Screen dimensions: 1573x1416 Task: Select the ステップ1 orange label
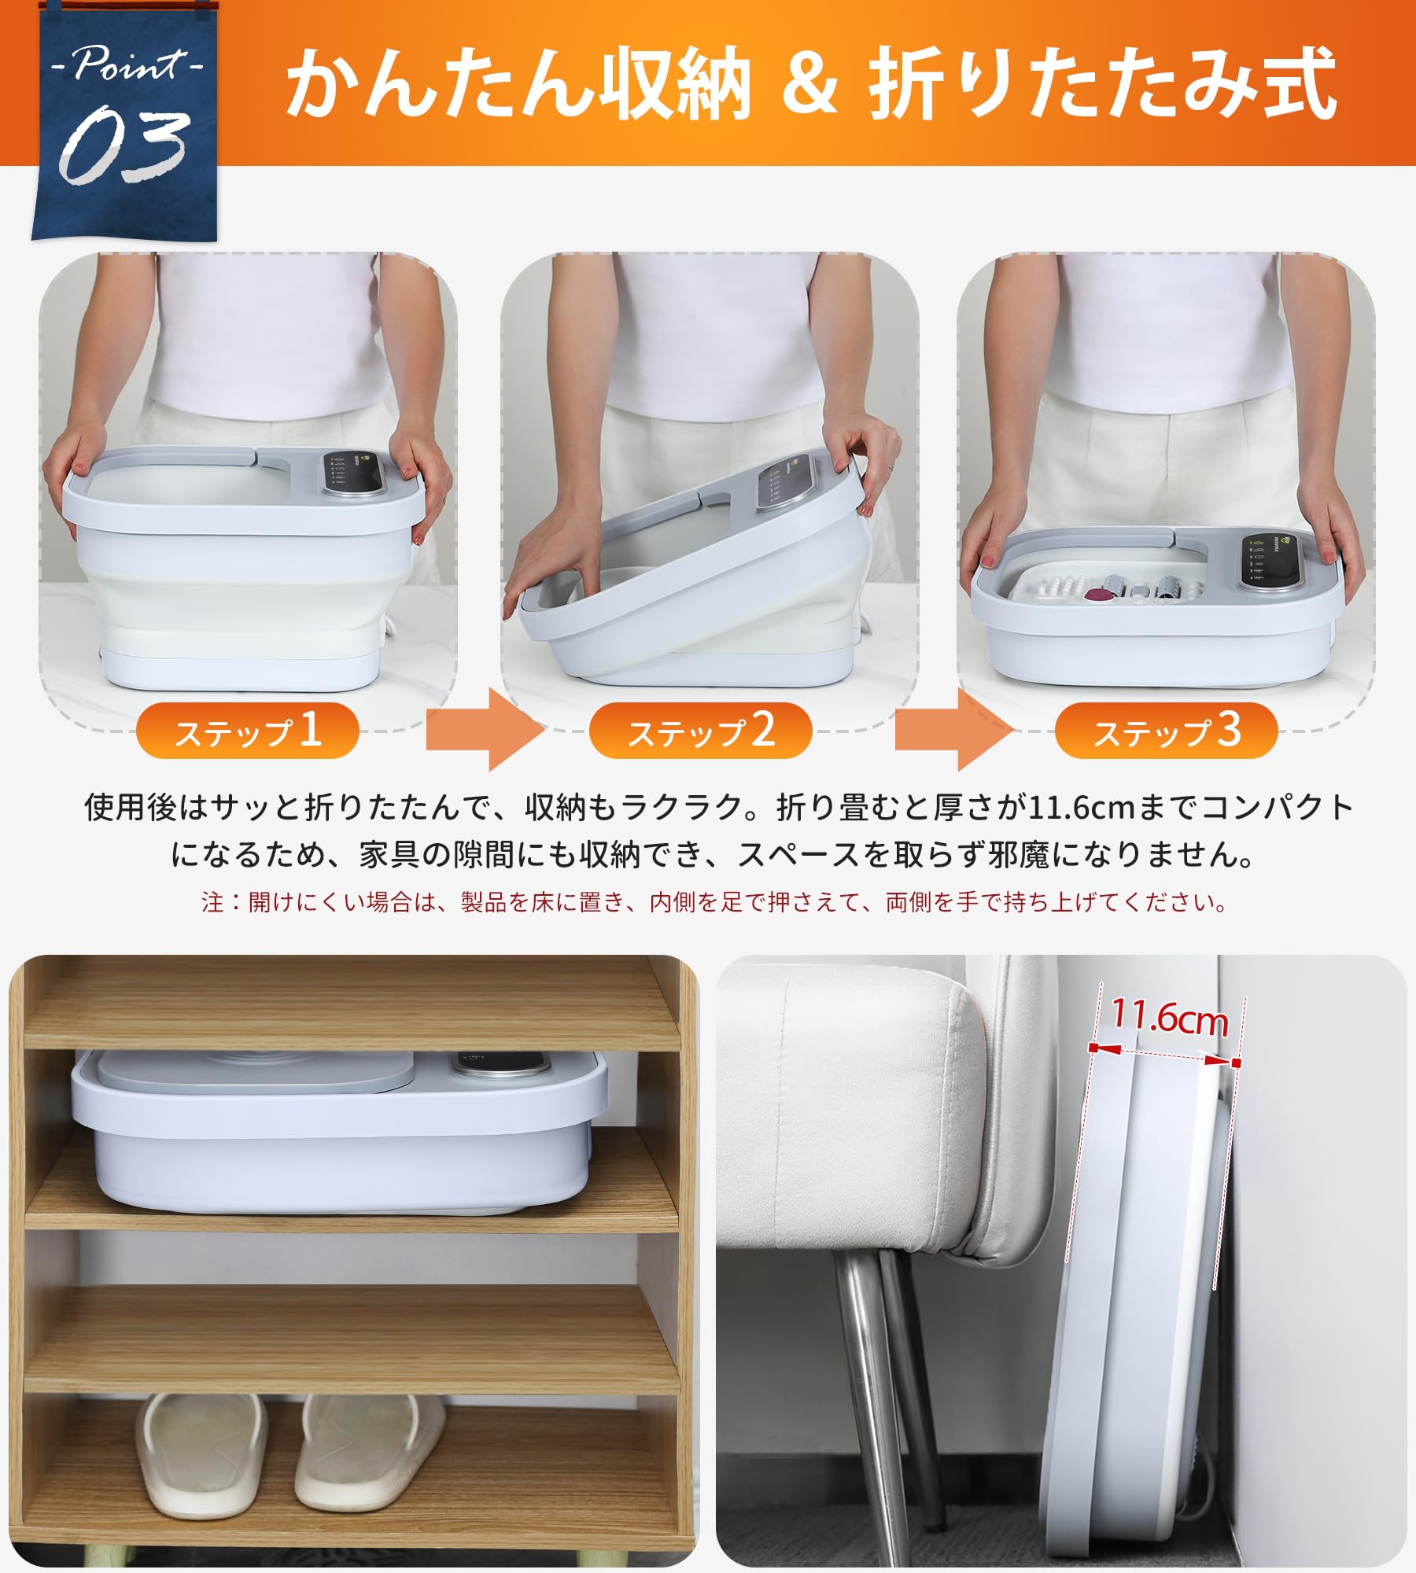click(248, 731)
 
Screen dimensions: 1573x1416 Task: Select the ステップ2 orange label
click(700, 731)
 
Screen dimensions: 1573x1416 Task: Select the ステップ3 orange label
click(1165, 731)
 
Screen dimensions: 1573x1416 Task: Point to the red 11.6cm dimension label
click(1169, 1019)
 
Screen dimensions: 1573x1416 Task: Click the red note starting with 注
click(714, 902)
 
